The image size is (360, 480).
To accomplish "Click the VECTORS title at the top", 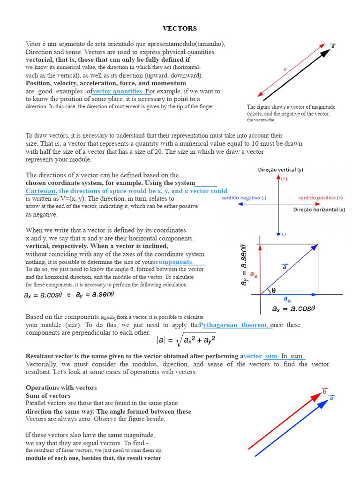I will (180, 29).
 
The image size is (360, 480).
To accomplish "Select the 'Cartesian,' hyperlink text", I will (41, 191).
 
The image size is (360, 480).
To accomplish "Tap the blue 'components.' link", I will (174, 262).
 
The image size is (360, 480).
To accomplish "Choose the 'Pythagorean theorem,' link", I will (234, 325).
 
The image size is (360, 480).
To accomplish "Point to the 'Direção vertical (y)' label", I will (280, 170).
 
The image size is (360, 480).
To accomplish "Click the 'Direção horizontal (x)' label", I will (319, 210).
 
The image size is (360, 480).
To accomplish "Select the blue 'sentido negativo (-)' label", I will (244, 198).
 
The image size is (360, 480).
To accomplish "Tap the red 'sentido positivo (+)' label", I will (320, 198).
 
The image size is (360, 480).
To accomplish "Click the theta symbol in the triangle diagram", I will (274, 290).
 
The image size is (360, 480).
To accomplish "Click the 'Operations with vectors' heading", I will (61, 388).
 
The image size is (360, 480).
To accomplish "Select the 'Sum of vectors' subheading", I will (48, 396).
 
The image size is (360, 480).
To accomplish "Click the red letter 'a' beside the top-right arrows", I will (285, 69).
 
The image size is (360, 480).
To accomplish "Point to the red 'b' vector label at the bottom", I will (324, 391).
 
